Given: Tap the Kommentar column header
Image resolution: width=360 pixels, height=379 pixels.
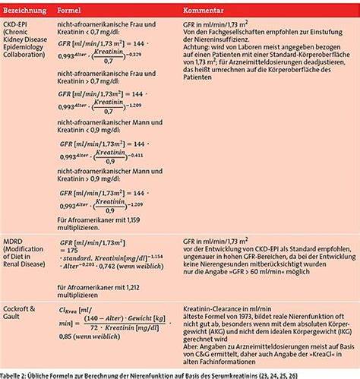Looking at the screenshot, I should click(204, 12).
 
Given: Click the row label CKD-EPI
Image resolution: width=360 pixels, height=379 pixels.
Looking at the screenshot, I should click(17, 25).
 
